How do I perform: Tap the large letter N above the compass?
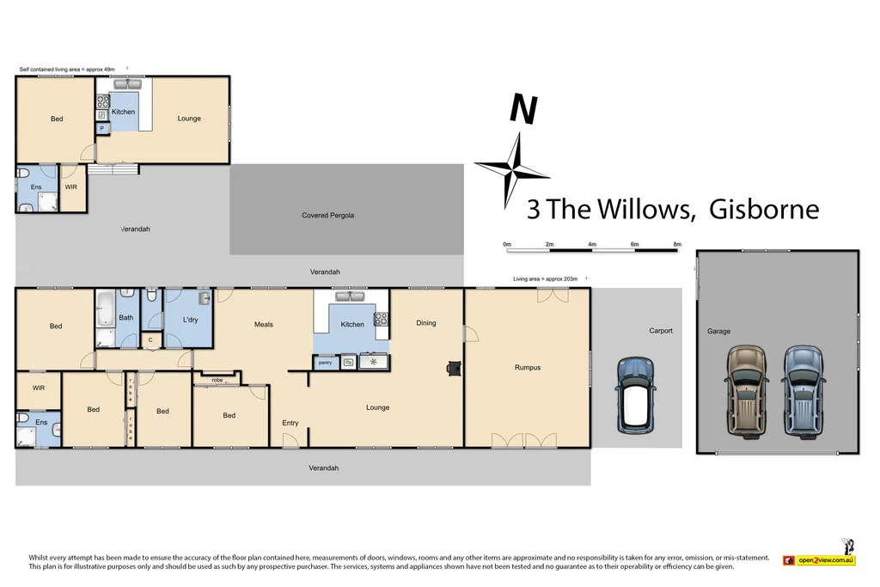[x=523, y=109]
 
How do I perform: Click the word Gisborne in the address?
[x=763, y=209]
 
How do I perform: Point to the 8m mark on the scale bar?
[x=677, y=245]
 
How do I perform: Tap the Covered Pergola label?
[x=327, y=215]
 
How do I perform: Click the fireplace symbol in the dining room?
[x=453, y=368]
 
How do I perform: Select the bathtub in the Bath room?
[x=105, y=307]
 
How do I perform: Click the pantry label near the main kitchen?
[x=325, y=363]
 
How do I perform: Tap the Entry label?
[x=290, y=423]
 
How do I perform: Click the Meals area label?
[x=263, y=324]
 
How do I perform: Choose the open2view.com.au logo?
[x=819, y=559]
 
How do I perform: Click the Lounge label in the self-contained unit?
[x=189, y=119]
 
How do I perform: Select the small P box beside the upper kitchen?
[x=101, y=129]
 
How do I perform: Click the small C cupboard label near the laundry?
[x=150, y=340]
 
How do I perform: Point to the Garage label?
[x=718, y=331]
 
